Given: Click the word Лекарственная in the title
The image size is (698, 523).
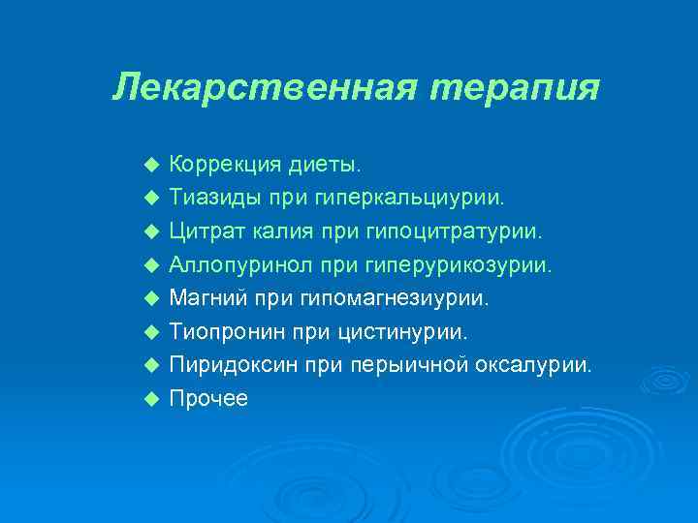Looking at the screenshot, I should [265, 87].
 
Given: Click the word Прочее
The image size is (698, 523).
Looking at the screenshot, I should [208, 398].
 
